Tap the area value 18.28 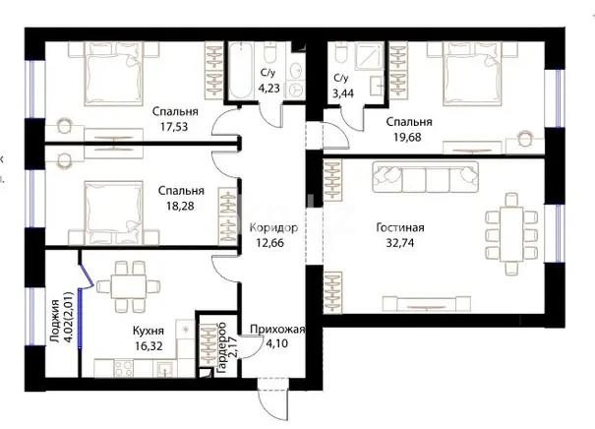[x=181, y=206]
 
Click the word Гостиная [x=400, y=227]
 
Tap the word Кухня [x=148, y=333]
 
